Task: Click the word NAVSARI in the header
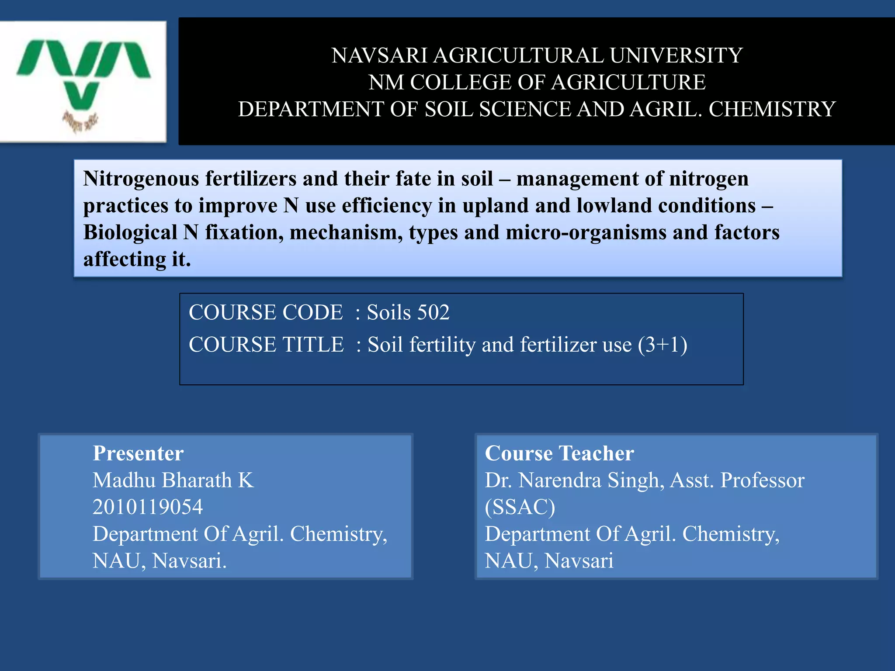coord(379,55)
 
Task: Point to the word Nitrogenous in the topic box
coord(141,179)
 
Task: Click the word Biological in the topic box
coord(130,232)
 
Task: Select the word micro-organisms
coord(586,232)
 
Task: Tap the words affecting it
coord(137,259)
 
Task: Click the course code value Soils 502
coord(408,312)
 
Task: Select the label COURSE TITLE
coord(266,345)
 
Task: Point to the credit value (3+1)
coord(663,345)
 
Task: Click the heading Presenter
coord(138,453)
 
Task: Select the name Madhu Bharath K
coord(173,481)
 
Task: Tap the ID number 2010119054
coord(148,507)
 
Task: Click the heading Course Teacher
coord(559,453)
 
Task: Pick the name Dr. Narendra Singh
coord(574,481)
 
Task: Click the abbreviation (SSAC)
coord(520,507)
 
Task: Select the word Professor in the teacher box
coord(762,481)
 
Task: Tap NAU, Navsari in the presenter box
coord(159,561)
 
